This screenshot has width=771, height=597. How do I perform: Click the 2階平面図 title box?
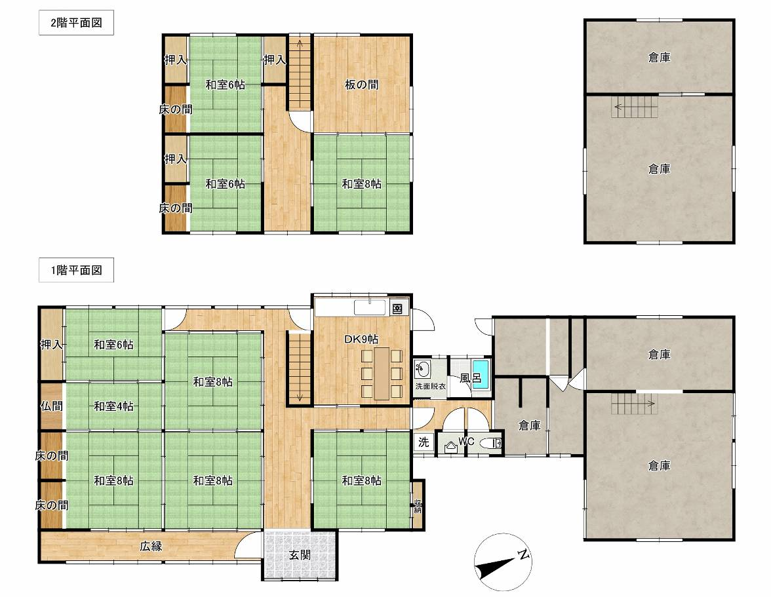click(76, 22)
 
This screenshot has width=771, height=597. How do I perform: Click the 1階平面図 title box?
click(76, 270)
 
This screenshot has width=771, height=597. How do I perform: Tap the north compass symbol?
click(502, 562)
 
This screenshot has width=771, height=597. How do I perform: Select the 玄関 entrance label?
click(300, 555)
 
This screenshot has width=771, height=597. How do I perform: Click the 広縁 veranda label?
click(151, 546)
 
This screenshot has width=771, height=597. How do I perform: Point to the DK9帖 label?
click(361, 339)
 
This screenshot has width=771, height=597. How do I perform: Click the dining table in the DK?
click(382, 374)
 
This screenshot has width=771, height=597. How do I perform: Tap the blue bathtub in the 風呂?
click(481, 374)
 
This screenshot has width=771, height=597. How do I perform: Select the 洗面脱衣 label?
click(430, 386)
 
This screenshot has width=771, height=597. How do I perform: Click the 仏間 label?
click(52, 406)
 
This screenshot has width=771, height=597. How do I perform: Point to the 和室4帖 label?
click(113, 406)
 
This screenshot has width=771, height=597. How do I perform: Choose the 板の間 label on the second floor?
click(361, 85)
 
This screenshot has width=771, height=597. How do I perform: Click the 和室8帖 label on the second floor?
click(361, 183)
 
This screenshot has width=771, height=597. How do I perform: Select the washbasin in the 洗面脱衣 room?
click(422, 368)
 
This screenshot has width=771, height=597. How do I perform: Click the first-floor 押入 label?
click(52, 345)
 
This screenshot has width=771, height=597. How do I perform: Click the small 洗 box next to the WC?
click(424, 442)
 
